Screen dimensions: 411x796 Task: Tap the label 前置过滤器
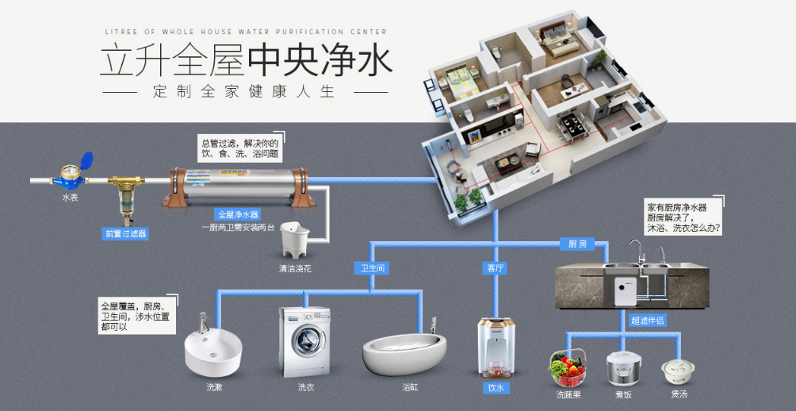[125, 233]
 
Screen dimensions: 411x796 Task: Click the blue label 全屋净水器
[238, 214]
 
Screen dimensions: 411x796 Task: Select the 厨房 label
[577, 244]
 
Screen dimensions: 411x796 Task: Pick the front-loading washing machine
[304, 342]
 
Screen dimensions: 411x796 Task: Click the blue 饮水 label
[496, 388]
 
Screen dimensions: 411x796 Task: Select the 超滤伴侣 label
[647, 321]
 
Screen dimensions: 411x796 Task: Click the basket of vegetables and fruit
[568, 367]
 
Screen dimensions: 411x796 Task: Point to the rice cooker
[622, 368]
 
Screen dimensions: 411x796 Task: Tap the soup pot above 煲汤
[678, 369]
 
